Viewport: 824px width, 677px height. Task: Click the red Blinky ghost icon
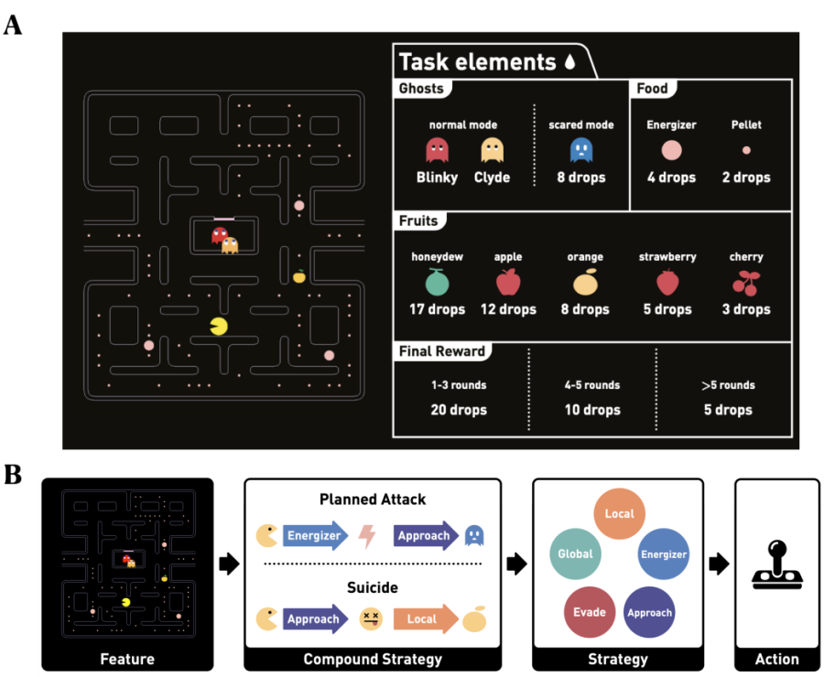point(437,150)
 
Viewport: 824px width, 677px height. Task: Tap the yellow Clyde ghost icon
point(493,150)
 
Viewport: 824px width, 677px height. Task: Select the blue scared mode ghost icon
point(580,150)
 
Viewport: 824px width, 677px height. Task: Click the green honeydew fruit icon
point(437,283)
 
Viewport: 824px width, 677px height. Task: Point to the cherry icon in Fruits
point(746,283)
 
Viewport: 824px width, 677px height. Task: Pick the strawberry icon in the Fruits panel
point(667,283)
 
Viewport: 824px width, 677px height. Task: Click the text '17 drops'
point(437,309)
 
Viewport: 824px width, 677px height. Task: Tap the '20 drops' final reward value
point(458,409)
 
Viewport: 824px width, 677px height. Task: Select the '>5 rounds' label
point(728,385)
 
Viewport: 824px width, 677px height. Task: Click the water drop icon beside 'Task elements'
point(570,62)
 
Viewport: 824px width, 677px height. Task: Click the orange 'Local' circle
point(619,513)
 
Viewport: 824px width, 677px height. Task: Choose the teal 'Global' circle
point(575,553)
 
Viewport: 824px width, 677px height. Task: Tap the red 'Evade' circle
point(590,612)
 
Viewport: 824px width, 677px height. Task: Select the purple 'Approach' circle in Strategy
point(649,612)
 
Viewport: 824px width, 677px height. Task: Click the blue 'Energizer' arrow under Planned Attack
point(315,536)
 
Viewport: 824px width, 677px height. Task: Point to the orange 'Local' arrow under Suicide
point(425,619)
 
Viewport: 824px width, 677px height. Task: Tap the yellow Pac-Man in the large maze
point(220,326)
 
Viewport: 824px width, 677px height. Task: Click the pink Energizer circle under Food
point(671,150)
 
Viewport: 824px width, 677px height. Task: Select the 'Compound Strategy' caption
point(373,659)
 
